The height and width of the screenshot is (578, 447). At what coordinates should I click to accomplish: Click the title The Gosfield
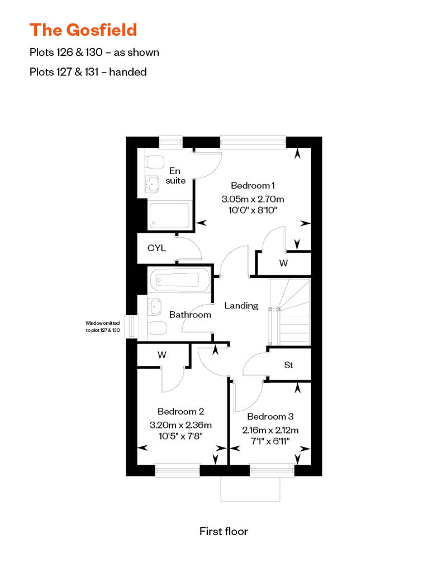coord(83,30)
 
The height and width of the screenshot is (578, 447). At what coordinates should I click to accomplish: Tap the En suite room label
coord(175,175)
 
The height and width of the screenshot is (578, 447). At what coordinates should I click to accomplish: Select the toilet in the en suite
coord(155,161)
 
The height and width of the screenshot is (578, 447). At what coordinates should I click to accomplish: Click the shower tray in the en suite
coord(169,216)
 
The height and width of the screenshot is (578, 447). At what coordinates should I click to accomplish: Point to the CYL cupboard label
coord(156,248)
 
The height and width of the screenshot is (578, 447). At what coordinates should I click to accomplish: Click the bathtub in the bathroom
coord(179,280)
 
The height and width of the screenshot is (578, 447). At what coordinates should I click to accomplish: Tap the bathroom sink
coord(154,306)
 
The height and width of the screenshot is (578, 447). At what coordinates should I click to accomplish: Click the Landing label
coord(241,306)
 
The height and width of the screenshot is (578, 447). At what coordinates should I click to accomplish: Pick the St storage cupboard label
coord(289,365)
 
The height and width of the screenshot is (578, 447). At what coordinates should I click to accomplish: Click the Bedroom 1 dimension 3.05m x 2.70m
coord(253,199)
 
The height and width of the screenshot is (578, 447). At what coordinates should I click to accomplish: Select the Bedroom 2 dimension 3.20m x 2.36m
coord(181,425)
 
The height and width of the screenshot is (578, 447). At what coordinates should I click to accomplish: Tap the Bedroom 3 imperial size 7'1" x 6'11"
coord(270,441)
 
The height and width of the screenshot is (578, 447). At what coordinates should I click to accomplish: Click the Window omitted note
coord(103,326)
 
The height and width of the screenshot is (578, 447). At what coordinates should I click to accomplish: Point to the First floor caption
coord(223,531)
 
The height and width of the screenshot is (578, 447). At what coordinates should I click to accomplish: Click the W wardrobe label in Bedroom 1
coord(283,263)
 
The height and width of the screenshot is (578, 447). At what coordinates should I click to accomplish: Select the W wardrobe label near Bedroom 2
coord(161,355)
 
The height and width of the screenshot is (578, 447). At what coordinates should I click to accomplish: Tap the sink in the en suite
coord(152,183)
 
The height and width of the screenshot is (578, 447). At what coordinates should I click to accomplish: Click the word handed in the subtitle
coord(128,72)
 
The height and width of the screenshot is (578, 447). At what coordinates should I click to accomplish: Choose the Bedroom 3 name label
coord(270,417)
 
